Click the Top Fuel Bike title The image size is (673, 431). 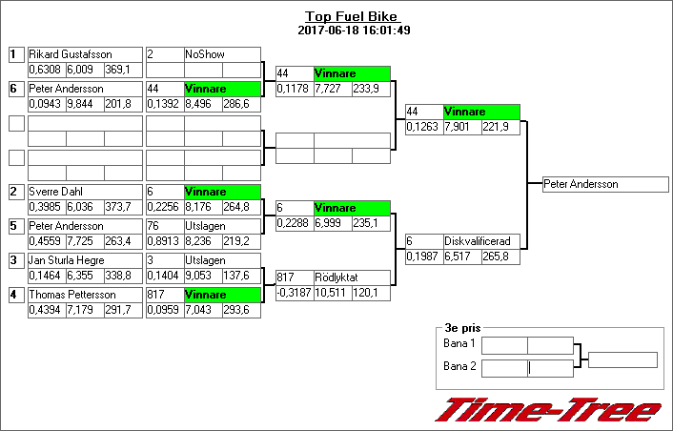(353, 16)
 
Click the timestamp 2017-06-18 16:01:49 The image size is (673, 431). (354, 31)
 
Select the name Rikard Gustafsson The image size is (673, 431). (71, 54)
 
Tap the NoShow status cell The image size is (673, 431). (222, 54)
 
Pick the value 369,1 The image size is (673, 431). (117, 70)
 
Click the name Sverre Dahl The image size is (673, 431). (56, 192)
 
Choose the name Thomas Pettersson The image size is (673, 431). (72, 295)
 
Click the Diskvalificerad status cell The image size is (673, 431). (481, 241)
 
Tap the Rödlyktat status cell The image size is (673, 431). (352, 277)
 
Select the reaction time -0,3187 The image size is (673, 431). (294, 293)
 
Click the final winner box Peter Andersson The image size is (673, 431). (605, 184)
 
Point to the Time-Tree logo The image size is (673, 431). (548, 410)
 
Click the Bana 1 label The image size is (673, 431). (459, 343)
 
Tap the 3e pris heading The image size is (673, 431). (462, 328)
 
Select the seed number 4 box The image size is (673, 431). (17, 295)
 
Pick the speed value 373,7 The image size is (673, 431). (118, 207)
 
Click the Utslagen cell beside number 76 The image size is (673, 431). (222, 226)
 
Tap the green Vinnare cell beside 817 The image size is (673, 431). (222, 295)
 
